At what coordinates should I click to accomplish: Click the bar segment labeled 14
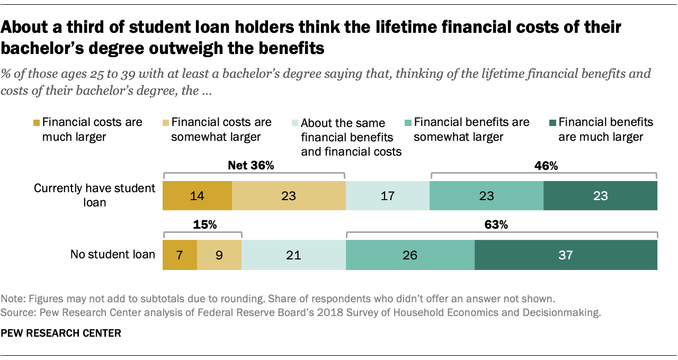(x=197, y=196)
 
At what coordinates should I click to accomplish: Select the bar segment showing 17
(x=387, y=196)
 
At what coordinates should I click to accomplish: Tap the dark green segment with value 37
(x=566, y=255)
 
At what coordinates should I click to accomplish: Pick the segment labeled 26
(x=409, y=255)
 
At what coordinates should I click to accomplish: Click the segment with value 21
(x=293, y=255)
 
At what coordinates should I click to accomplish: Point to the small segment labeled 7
(x=180, y=255)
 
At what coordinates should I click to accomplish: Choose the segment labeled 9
(x=219, y=255)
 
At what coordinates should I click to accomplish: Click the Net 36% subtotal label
(x=250, y=166)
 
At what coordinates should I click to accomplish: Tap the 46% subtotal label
(x=543, y=166)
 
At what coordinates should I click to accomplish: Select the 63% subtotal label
(x=496, y=224)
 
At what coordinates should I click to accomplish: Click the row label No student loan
(x=113, y=255)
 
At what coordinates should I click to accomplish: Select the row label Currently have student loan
(x=94, y=195)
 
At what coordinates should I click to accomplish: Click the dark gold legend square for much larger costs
(x=36, y=123)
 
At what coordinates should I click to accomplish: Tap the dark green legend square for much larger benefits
(x=551, y=123)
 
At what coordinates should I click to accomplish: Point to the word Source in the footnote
(x=15, y=312)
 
